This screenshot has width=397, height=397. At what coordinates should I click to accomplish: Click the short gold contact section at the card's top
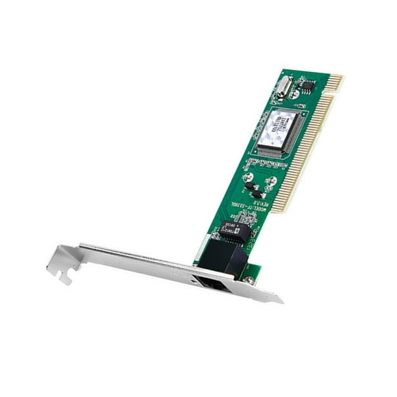(334, 82)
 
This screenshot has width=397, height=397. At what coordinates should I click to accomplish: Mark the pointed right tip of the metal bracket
(281, 299)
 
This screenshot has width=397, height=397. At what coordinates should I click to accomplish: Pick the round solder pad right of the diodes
(272, 181)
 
